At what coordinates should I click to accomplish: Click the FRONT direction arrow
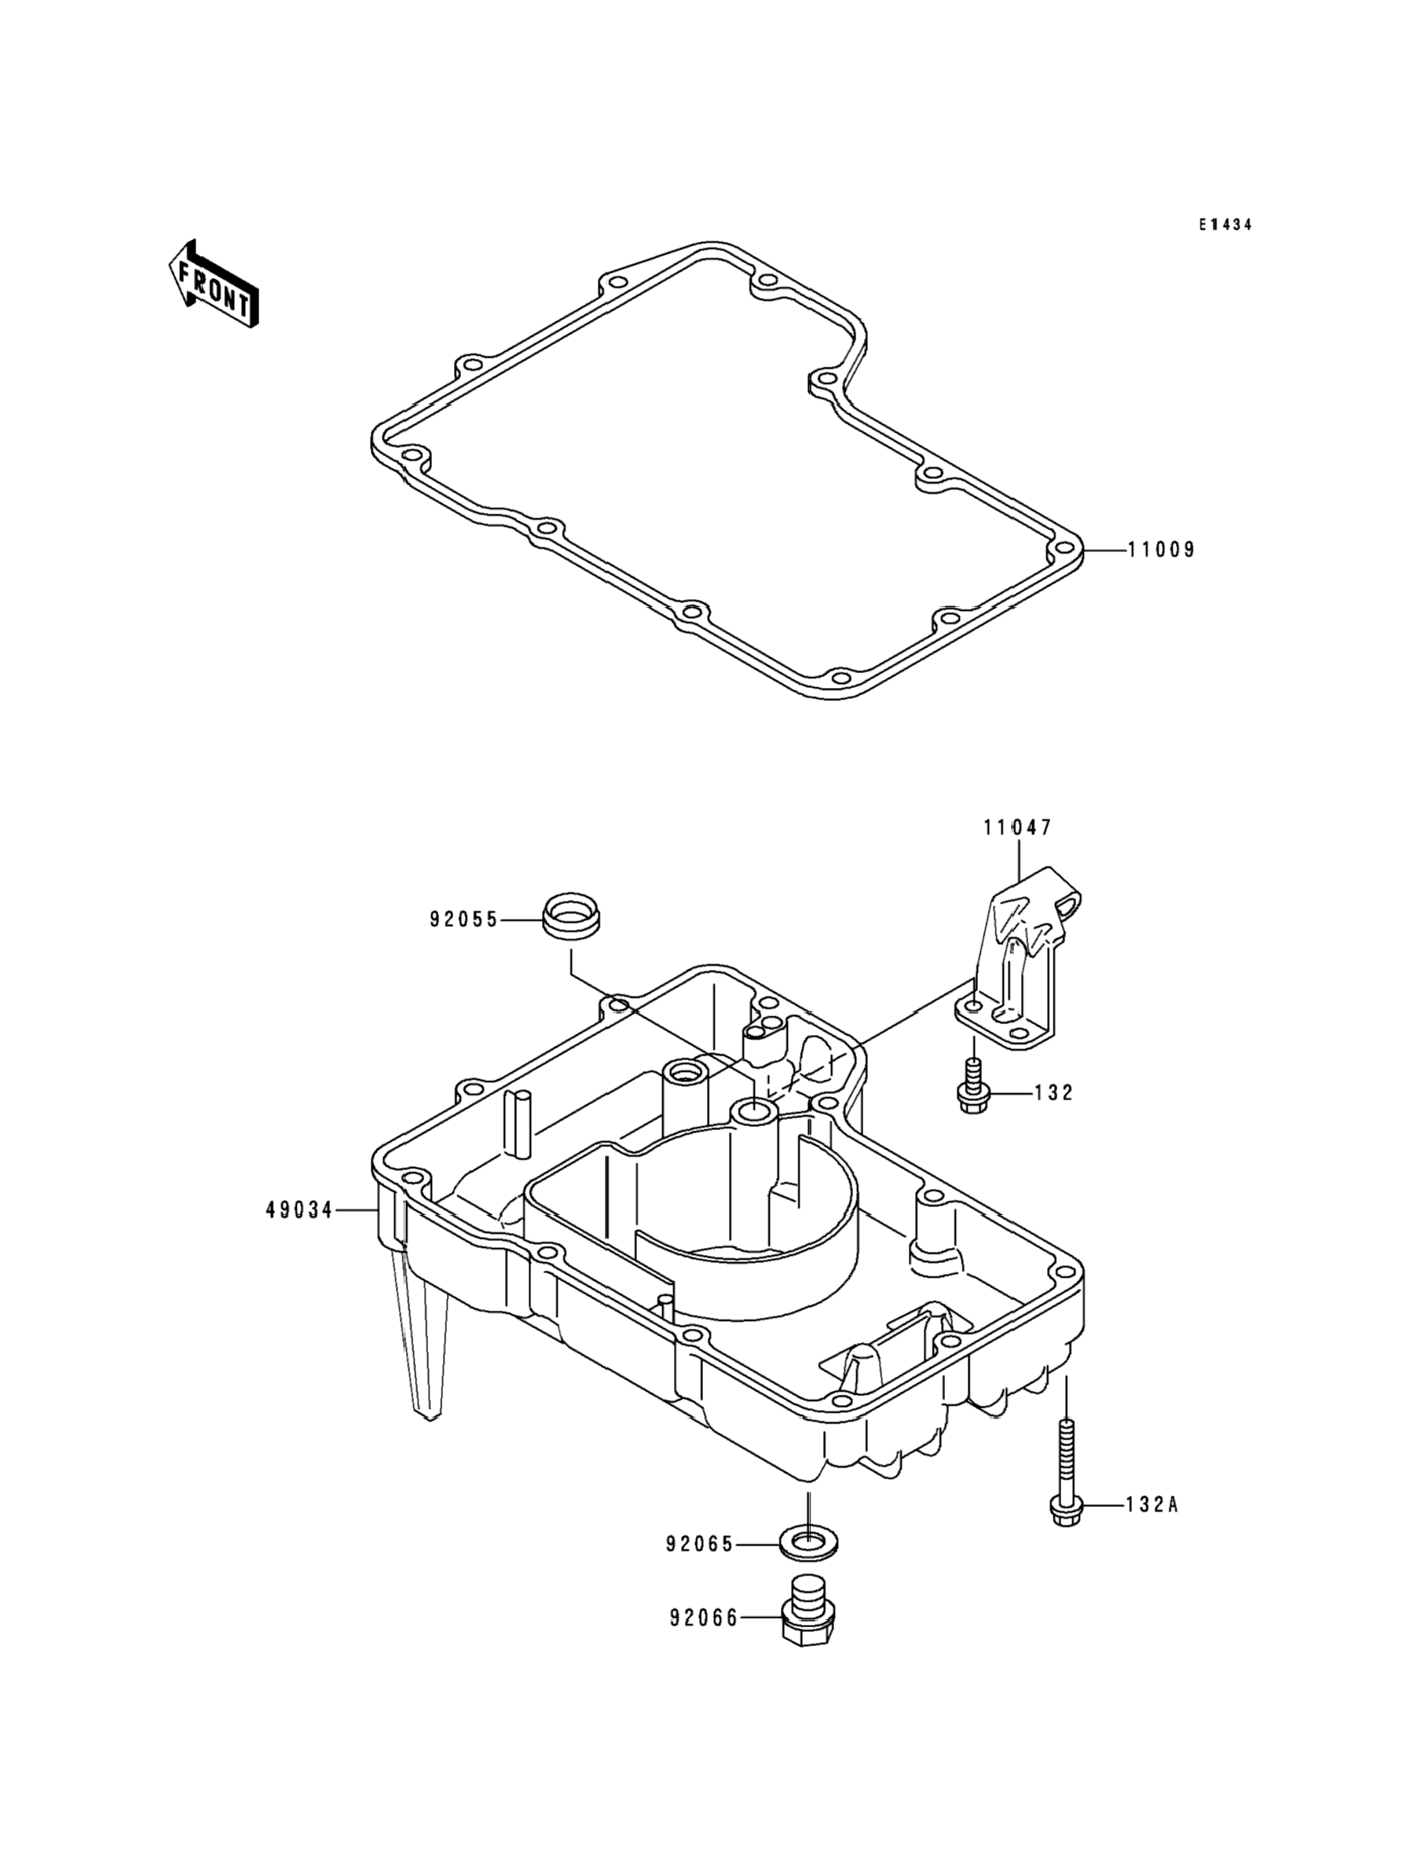pyautogui.click(x=213, y=284)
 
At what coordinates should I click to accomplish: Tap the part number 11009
pyautogui.click(x=1162, y=550)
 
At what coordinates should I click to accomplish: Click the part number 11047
pyautogui.click(x=1017, y=828)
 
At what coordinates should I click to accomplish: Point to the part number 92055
pyautogui.click(x=464, y=920)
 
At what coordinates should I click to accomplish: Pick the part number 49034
pyautogui.click(x=299, y=1211)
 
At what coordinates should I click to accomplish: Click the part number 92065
pyautogui.click(x=700, y=1545)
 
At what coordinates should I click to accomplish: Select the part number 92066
pyautogui.click(x=704, y=1618)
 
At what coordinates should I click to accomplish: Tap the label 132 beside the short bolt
pyautogui.click(x=1054, y=1092)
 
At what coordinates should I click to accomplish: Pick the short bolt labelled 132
pyautogui.click(x=972, y=1089)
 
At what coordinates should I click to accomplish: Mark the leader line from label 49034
pyautogui.click(x=357, y=1211)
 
